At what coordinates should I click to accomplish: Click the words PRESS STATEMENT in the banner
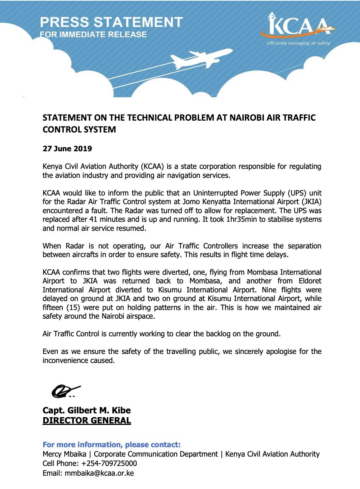click(x=111, y=22)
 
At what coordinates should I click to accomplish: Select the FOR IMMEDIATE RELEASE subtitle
click(x=94, y=35)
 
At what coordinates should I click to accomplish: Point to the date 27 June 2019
click(x=67, y=149)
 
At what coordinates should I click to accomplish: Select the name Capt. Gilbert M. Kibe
click(x=86, y=411)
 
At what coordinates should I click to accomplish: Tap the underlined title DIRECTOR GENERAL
click(x=86, y=421)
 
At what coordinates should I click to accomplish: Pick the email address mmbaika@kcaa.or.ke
click(x=99, y=473)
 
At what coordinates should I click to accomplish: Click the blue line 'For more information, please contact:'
click(x=112, y=444)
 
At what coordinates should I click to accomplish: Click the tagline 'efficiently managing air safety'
click(x=298, y=44)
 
